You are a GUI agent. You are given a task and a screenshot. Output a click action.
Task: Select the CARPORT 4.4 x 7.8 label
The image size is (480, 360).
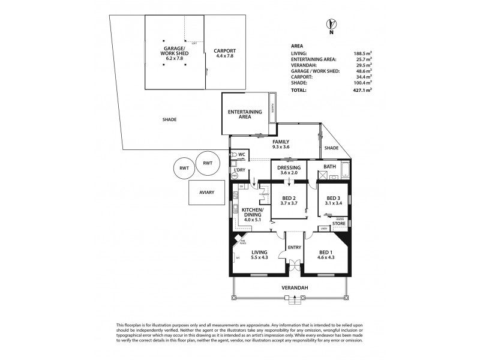(225, 53)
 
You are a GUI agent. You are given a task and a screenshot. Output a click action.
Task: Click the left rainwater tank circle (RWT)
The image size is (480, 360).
(182, 169)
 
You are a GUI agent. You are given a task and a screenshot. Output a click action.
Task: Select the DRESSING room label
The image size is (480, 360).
(289, 170)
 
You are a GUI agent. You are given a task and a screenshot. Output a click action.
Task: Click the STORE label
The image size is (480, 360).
(339, 224)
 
